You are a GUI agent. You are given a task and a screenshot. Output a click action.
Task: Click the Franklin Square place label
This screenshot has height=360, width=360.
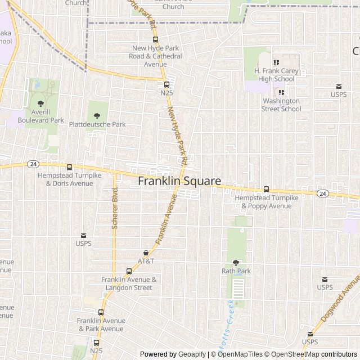tap(179, 181)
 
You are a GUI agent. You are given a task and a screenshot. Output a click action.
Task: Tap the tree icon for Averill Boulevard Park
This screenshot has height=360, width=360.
tap(40, 103)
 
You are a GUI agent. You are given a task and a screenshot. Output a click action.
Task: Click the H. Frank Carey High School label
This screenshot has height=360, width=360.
tap(274, 75)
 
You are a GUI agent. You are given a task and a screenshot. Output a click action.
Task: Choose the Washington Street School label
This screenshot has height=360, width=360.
tap(282, 105)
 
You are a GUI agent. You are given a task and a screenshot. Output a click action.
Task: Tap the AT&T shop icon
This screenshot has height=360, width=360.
tap(146, 253)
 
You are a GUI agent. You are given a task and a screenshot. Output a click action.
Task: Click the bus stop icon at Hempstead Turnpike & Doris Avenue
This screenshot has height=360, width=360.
tap(69, 167)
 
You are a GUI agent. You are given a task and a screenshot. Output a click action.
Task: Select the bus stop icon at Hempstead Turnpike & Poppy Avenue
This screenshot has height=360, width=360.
tap(266, 190)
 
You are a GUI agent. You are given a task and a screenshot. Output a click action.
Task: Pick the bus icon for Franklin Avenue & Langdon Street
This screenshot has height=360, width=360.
tap(129, 271)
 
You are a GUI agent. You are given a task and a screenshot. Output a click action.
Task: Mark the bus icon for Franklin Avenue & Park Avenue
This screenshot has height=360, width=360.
tap(101, 312)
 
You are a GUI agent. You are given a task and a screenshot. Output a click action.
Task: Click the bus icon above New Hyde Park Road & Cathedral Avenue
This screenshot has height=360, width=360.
tap(155, 39)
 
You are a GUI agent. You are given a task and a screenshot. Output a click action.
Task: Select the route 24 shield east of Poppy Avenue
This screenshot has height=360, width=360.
tap(322, 193)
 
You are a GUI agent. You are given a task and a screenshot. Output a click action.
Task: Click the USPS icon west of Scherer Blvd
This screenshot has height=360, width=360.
tap(83, 235)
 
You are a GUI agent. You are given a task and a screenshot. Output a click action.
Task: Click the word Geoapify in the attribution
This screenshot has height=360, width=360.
tap(192, 354)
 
